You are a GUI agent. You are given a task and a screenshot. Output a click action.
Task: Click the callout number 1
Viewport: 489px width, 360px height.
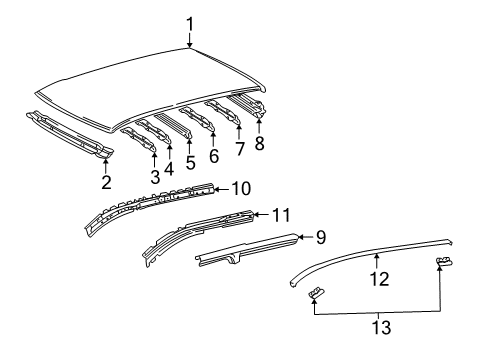point(190,23)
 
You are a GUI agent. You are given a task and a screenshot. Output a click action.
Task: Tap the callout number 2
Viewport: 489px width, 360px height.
point(105,182)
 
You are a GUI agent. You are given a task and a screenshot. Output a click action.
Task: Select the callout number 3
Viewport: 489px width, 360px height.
point(154,177)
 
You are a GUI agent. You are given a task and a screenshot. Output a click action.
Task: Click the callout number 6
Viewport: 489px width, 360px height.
point(213,156)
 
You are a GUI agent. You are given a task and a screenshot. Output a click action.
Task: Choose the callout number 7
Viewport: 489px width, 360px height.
point(239,149)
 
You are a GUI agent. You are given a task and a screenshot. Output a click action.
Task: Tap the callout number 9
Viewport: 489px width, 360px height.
point(321,237)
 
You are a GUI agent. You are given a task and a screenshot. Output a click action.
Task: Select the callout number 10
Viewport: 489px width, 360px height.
point(241,187)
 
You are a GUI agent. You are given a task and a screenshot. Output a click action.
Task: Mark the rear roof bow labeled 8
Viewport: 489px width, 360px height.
point(250,108)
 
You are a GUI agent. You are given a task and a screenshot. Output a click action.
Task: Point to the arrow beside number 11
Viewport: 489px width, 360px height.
point(262,213)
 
